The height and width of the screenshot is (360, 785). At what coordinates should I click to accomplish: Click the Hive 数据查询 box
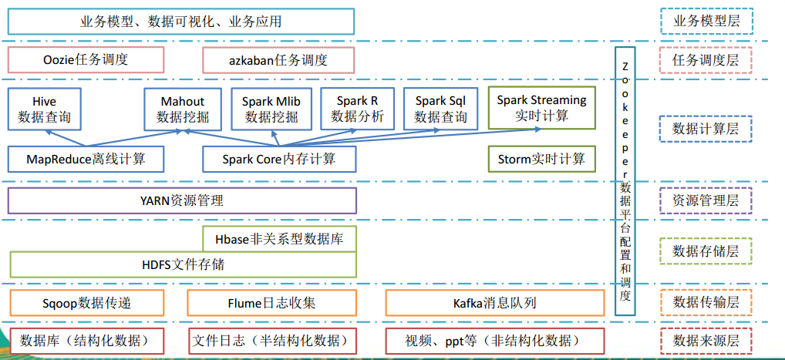point(45,109)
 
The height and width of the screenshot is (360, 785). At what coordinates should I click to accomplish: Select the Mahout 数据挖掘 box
point(183,109)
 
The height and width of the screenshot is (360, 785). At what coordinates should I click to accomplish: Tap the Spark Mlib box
point(271,109)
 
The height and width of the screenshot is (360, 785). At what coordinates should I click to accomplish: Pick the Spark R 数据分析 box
point(357,108)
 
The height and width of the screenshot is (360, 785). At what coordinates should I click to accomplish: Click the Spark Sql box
point(441,109)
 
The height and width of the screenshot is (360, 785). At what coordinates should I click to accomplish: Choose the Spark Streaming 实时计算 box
point(541,108)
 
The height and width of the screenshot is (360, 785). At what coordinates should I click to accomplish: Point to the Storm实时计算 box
point(541,159)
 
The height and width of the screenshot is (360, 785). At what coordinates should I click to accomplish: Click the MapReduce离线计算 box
point(86,159)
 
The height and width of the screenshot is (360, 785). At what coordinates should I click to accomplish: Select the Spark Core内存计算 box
point(279,159)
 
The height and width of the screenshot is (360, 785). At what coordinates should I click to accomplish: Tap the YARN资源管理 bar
point(182,200)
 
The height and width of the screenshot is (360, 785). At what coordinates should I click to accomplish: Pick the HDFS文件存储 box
point(183,264)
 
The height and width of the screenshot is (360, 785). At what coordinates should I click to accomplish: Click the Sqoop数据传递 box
point(86,302)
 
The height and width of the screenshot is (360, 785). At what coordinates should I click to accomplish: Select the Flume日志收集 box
point(272,302)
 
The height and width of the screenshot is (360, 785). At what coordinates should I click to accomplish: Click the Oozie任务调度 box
point(86,59)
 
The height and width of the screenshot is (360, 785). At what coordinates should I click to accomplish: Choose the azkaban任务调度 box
point(278,59)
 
